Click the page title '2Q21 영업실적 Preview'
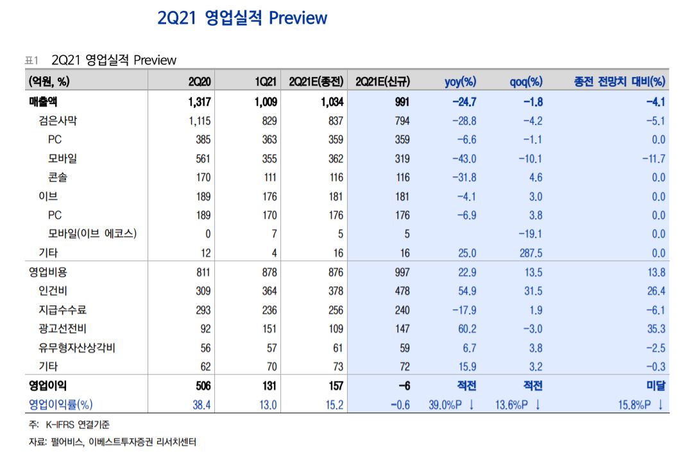pyautogui.click(x=242, y=18)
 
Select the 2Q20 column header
pyautogui.click(x=199, y=81)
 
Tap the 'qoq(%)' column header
pyautogui.click(x=526, y=81)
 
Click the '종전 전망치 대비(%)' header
pyautogui.click(x=620, y=81)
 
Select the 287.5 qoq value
pyautogui.click(x=526, y=253)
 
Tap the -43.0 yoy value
pyautogui.click(x=464, y=158)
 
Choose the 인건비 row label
pyautogui.click(x=53, y=291)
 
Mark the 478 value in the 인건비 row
pyautogui.click(x=401, y=291)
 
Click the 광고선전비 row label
pyautogui.click(x=62, y=329)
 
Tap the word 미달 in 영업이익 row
pyautogui.click(x=655, y=386)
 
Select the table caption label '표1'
pyautogui.click(x=31, y=60)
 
